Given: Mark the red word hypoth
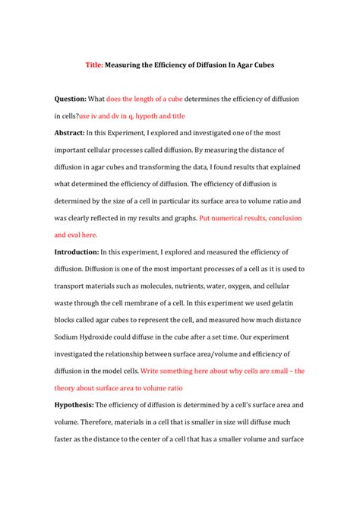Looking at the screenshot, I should click(x=150, y=115).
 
